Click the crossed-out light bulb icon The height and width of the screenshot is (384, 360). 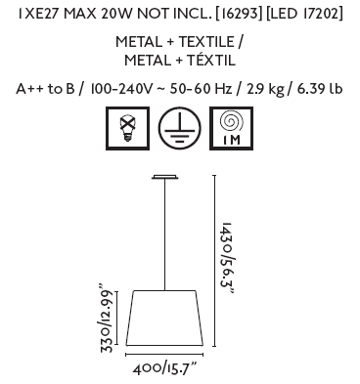[x=127, y=128]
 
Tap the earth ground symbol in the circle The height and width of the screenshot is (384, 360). [x=180, y=128]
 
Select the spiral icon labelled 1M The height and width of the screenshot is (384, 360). [x=231, y=128]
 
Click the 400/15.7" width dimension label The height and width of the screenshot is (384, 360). [x=165, y=368]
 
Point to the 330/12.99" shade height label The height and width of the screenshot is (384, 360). [x=107, y=319]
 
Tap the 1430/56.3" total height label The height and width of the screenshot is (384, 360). [x=227, y=258]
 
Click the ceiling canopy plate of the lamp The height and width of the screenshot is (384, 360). [x=165, y=177]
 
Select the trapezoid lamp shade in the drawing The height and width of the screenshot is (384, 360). [x=164, y=318]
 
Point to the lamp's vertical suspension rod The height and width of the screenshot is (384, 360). [x=165, y=235]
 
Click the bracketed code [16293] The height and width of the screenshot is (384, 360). [x=239, y=14]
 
